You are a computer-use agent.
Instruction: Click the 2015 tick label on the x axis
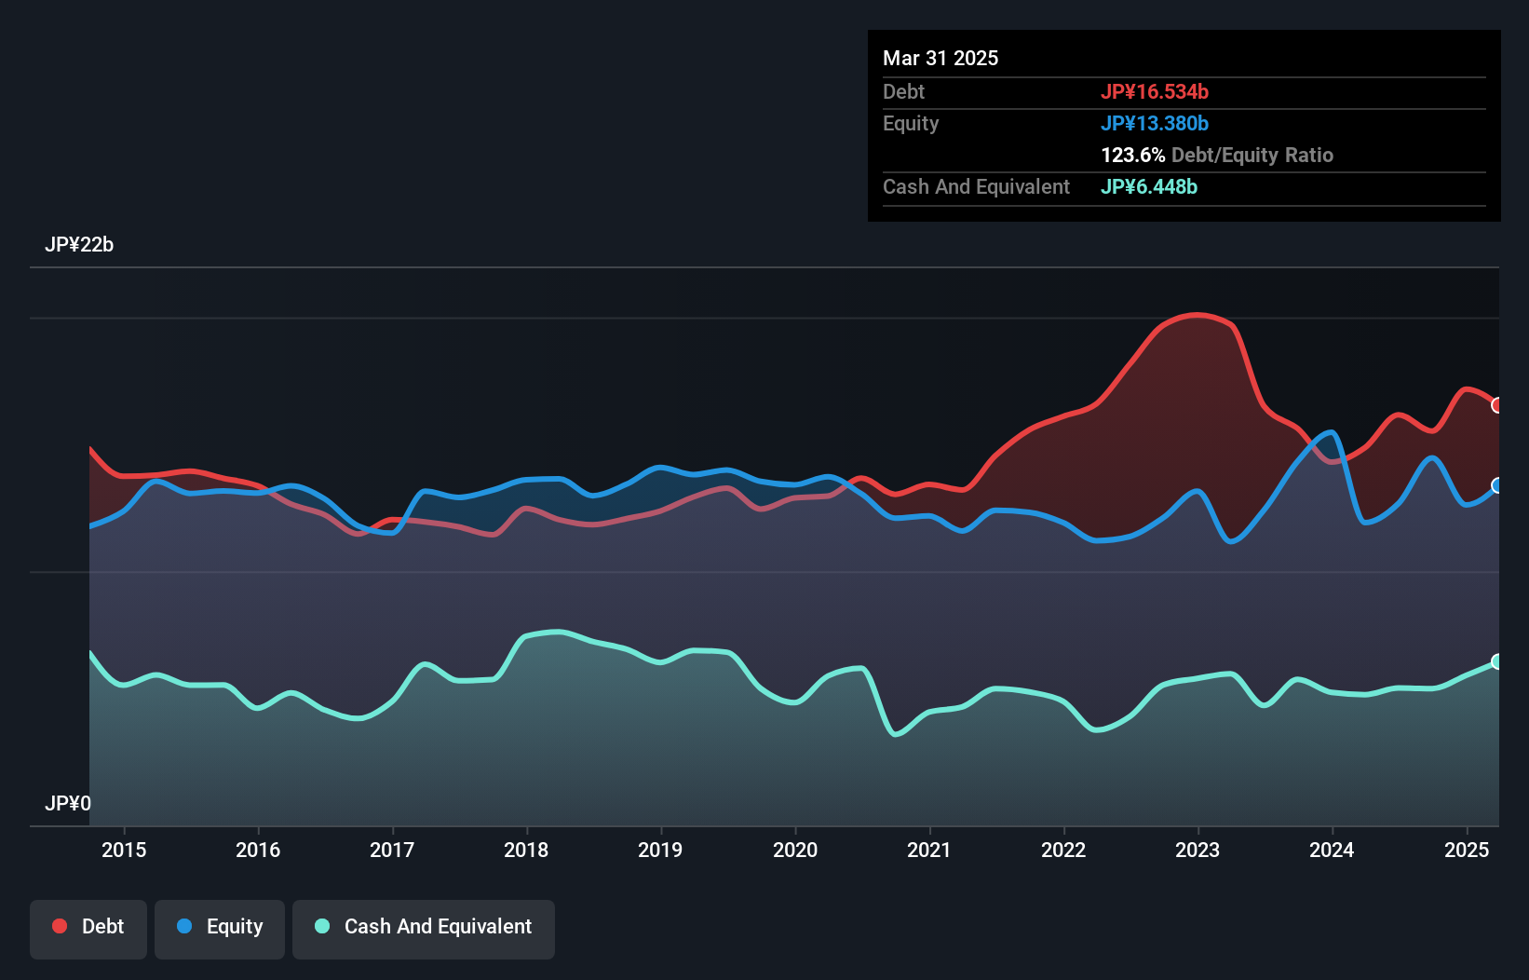[x=124, y=850]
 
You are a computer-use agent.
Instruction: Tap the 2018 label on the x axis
[x=526, y=850]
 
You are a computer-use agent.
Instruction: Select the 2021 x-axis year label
[x=929, y=850]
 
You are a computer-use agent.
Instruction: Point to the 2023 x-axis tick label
[x=1197, y=850]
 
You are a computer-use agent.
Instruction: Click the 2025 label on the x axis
[x=1467, y=850]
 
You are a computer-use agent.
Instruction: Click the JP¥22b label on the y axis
[x=79, y=245]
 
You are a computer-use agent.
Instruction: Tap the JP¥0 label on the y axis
[x=68, y=803]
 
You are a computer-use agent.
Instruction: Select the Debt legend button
[x=88, y=927]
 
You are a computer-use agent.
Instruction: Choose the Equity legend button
[x=220, y=927]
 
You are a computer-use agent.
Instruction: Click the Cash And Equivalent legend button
[x=424, y=927]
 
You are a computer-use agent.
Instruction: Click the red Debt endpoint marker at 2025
[x=1497, y=405]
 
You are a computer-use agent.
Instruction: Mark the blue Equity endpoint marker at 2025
[x=1497, y=485]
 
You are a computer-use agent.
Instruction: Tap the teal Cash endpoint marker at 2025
[x=1497, y=661]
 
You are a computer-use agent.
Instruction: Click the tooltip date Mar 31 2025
[x=940, y=58]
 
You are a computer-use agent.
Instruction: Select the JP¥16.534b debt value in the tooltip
[x=1155, y=91]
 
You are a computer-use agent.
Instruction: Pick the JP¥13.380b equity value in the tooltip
[x=1155, y=123]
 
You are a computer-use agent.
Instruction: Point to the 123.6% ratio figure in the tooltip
[x=1132, y=155]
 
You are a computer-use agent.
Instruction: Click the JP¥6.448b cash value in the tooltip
[x=1149, y=186]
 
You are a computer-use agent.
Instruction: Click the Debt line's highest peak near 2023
[x=1197, y=315]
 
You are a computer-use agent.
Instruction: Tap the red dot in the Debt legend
[x=60, y=926]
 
